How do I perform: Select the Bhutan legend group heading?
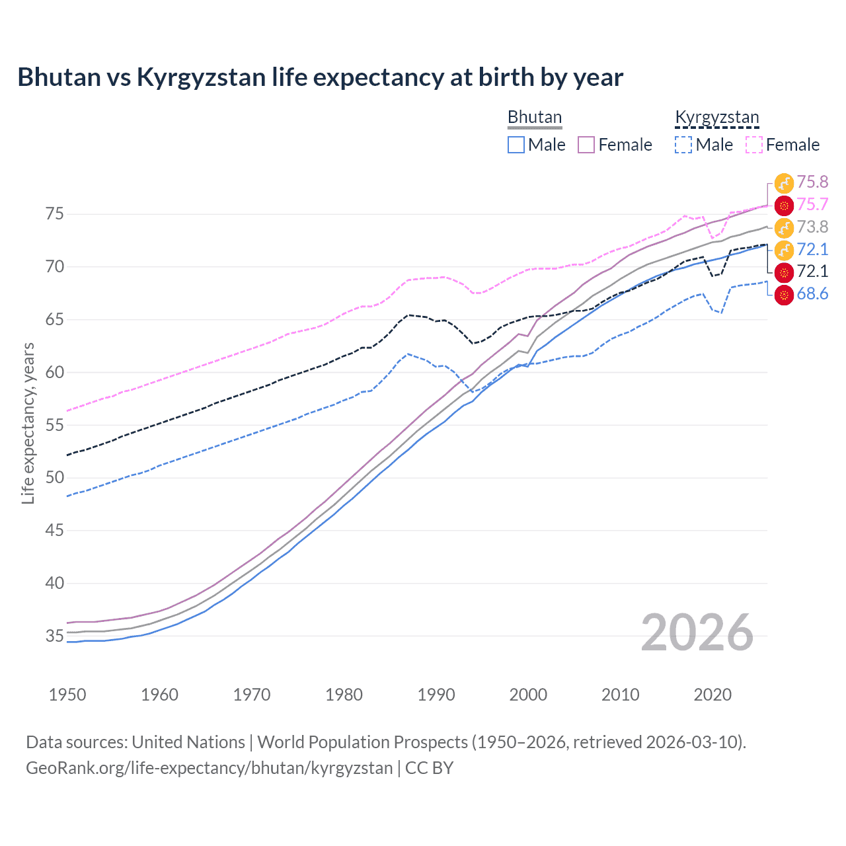tap(534, 118)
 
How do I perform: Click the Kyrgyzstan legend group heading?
tap(716, 118)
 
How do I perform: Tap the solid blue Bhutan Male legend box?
tap(516, 145)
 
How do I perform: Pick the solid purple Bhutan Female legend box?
tap(586, 145)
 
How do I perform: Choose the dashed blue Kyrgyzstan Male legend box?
tap(683, 145)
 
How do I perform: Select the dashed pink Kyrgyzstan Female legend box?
tap(754, 145)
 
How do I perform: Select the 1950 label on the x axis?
tap(67, 695)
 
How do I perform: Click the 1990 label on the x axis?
tap(436, 695)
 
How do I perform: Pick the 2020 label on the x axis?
tap(712, 695)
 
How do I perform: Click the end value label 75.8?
tap(812, 182)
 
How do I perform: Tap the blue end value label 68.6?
tap(812, 294)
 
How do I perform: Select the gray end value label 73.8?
tap(812, 227)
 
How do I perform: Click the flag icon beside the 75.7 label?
tap(784, 206)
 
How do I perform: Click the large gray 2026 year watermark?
tap(697, 633)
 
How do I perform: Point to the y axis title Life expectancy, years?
tap(28, 423)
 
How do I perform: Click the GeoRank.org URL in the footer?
tap(209, 768)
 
